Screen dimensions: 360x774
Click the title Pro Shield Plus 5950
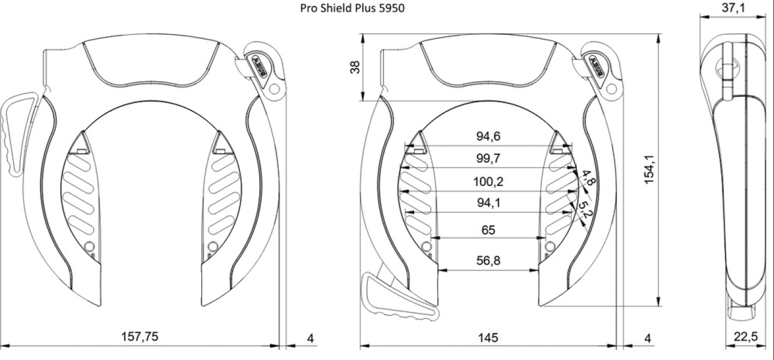(356, 8)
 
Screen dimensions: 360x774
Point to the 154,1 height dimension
(651, 169)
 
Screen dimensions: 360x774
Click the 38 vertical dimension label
(355, 67)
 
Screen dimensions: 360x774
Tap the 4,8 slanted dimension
(587, 179)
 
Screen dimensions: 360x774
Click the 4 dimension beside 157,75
(310, 337)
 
